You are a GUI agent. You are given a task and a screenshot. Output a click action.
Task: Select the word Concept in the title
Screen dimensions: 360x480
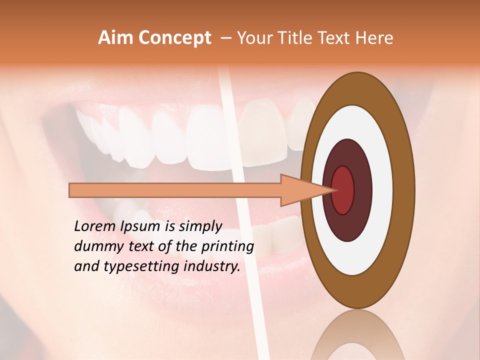tap(175, 38)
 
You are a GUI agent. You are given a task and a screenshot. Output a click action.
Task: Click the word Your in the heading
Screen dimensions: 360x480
tap(255, 38)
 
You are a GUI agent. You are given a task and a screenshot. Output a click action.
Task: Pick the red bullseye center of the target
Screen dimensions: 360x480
tap(342, 190)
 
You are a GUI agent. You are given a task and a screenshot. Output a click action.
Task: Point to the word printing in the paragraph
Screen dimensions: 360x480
tap(227, 246)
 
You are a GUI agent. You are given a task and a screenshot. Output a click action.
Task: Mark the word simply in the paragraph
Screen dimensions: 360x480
tap(200, 226)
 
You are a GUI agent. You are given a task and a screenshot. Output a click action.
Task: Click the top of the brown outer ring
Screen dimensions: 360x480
tap(357, 82)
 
